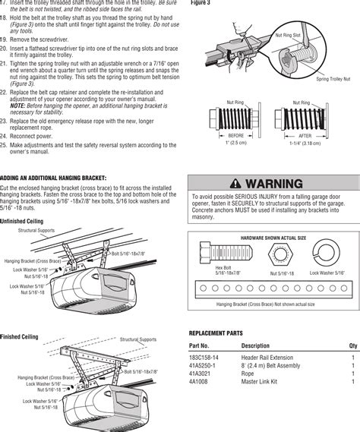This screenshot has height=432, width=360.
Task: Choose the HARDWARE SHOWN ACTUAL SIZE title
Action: [x=273, y=238]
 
